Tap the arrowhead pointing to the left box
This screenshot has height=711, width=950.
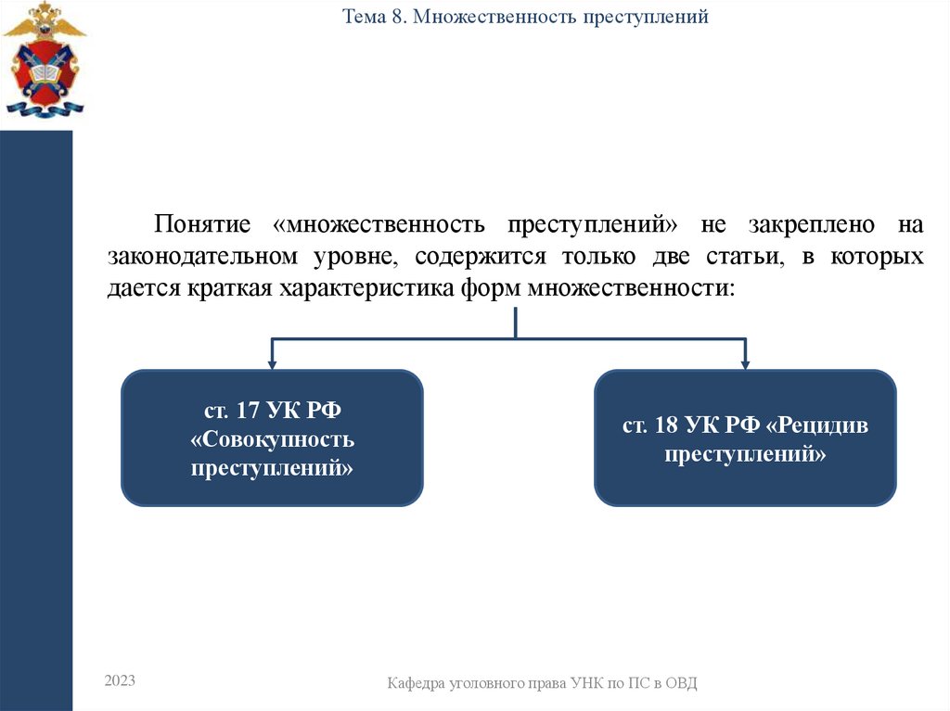[272, 362]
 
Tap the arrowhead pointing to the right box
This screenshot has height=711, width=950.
[745, 362]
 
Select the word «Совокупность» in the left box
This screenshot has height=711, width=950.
[273, 438]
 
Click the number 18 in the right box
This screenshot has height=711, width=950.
[663, 425]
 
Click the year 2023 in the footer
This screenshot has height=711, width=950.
[120, 681]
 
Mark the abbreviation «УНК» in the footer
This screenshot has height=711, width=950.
[578, 683]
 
